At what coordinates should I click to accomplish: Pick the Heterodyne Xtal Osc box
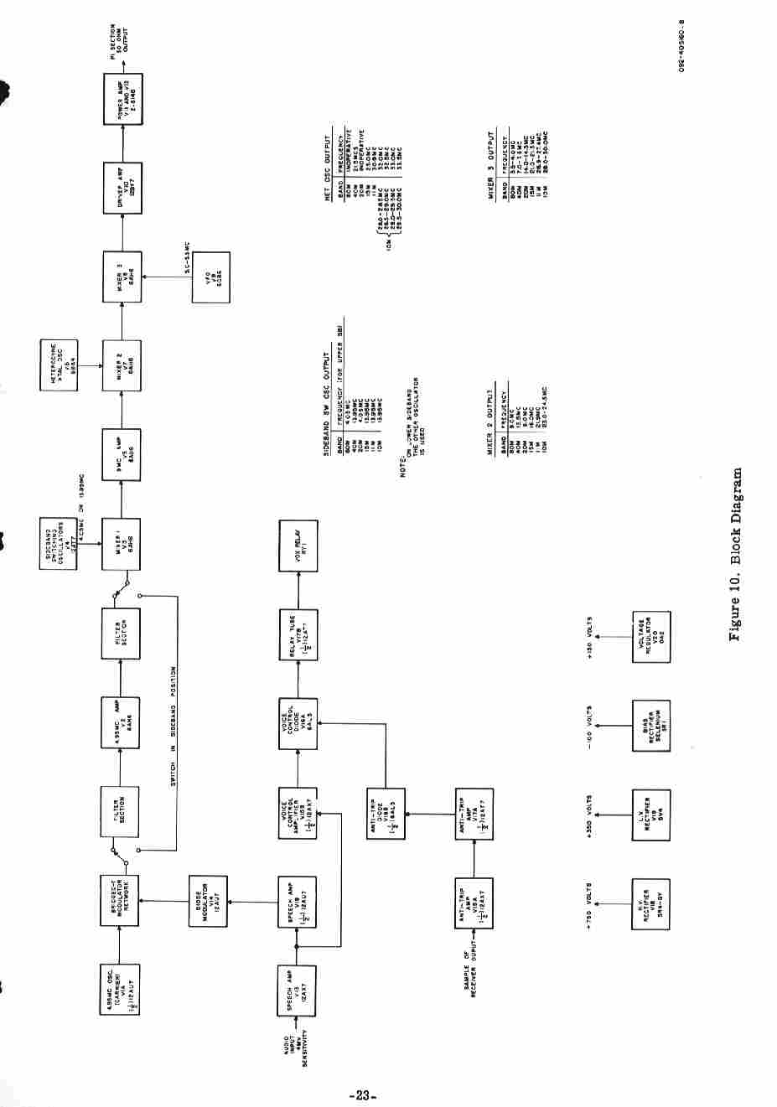(59, 365)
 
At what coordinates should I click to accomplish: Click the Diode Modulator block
(208, 902)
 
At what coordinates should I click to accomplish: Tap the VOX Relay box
(298, 546)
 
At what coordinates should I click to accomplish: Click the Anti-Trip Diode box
(386, 814)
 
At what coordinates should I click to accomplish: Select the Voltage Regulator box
(650, 637)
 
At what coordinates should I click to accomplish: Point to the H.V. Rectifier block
(650, 903)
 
